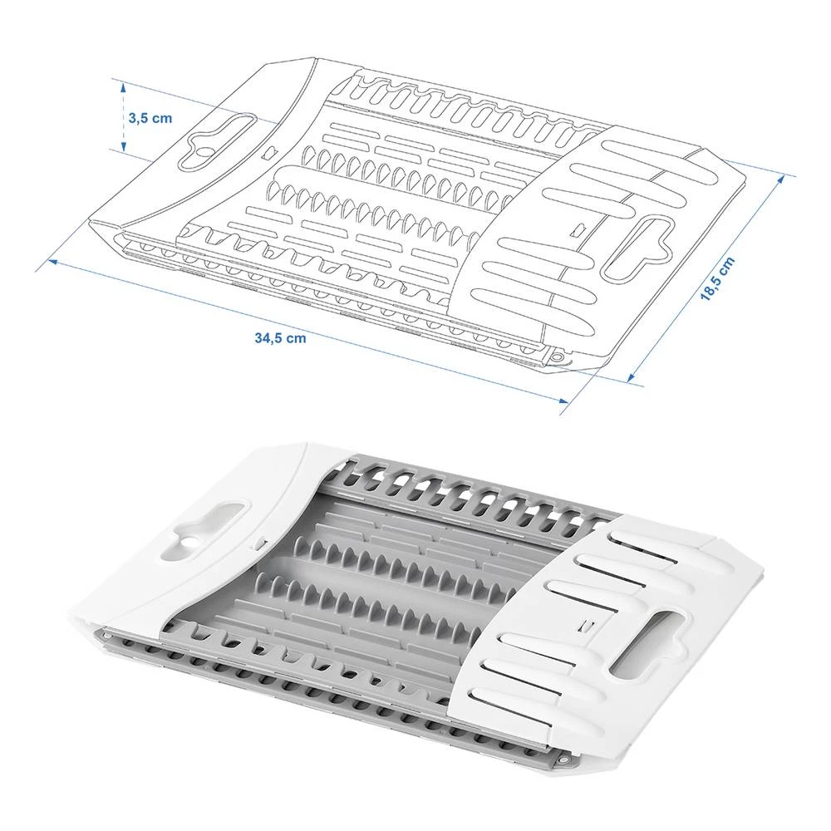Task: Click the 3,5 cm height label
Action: pos(150,117)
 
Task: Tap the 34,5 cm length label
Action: pos(280,337)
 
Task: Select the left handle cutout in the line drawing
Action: pos(219,135)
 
